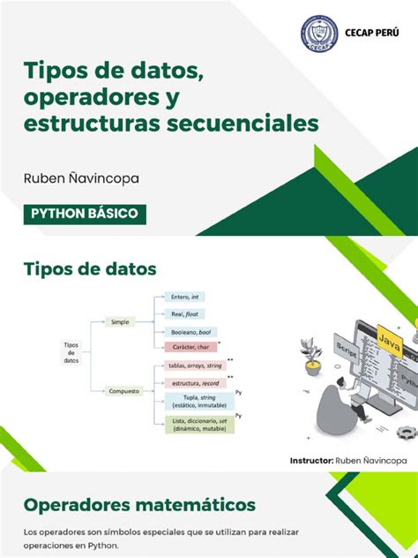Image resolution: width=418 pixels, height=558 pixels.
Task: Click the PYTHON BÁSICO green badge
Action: pyautogui.click(x=85, y=214)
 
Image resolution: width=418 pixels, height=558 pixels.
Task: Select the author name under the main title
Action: pyautogui.click(x=81, y=177)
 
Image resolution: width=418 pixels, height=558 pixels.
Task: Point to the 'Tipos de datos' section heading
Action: pyautogui.click(x=90, y=268)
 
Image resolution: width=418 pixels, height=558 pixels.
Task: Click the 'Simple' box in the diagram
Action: pyautogui.click(x=120, y=322)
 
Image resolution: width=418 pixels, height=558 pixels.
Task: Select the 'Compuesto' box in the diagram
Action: pyautogui.click(x=123, y=390)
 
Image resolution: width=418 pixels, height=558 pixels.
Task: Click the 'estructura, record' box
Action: pyautogui.click(x=195, y=383)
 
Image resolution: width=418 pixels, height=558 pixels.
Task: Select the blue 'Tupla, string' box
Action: pyautogui.click(x=195, y=402)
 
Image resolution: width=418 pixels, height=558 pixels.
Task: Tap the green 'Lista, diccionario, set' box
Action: pyautogui.click(x=195, y=425)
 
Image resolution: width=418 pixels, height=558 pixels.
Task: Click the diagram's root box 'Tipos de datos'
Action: pyautogui.click(x=71, y=353)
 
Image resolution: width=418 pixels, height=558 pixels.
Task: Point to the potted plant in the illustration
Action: pyautogui.click(x=312, y=354)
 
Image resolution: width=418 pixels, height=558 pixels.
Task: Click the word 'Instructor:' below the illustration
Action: pyautogui.click(x=311, y=460)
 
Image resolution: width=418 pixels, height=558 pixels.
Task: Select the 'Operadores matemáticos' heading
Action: pyautogui.click(x=140, y=505)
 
